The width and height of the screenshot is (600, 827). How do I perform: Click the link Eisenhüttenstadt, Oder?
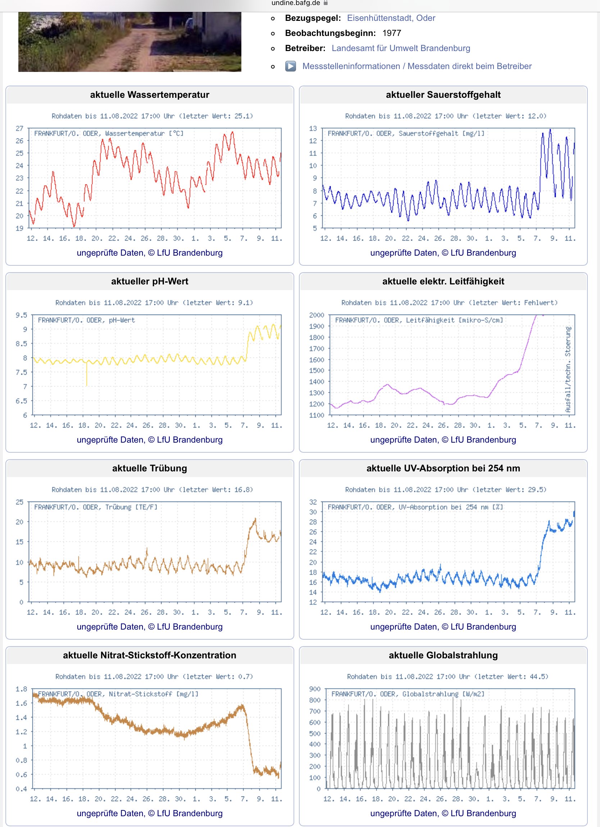391,18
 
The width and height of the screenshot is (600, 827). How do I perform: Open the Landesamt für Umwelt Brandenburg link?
400,48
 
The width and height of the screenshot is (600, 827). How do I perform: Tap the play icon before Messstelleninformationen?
290,66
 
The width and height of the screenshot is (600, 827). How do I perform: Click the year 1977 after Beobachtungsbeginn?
391,33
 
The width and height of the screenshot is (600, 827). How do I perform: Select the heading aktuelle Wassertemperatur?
150,95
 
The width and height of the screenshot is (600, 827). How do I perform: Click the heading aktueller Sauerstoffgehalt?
443,95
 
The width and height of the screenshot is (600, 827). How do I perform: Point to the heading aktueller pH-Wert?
150,281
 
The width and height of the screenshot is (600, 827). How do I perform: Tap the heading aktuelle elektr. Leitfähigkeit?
443,281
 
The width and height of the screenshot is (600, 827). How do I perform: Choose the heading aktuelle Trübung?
150,468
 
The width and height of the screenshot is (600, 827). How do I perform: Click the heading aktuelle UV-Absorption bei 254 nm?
443,468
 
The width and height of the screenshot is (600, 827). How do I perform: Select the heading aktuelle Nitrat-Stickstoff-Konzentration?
150,655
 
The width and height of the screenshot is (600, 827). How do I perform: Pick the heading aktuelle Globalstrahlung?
443,655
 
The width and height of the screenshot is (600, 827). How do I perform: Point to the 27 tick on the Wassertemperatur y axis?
19,128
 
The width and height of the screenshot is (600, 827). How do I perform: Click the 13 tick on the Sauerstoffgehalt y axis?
313,128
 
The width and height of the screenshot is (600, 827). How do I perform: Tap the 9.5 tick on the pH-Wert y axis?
21,315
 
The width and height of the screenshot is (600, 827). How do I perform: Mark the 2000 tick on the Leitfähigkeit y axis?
316,315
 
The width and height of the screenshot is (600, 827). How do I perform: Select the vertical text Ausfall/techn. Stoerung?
568,369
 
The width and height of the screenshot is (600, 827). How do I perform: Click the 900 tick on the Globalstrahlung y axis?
314,689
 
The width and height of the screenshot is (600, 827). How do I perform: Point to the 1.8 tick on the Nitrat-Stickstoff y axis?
21,689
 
